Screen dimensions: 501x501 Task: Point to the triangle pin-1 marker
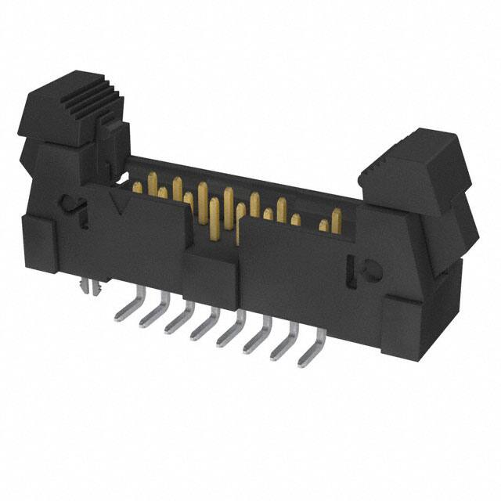pyautogui.click(x=120, y=204)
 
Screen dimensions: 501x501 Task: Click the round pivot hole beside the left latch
pyautogui.click(x=73, y=207)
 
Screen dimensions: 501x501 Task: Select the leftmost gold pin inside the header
pyautogui.click(x=137, y=186)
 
